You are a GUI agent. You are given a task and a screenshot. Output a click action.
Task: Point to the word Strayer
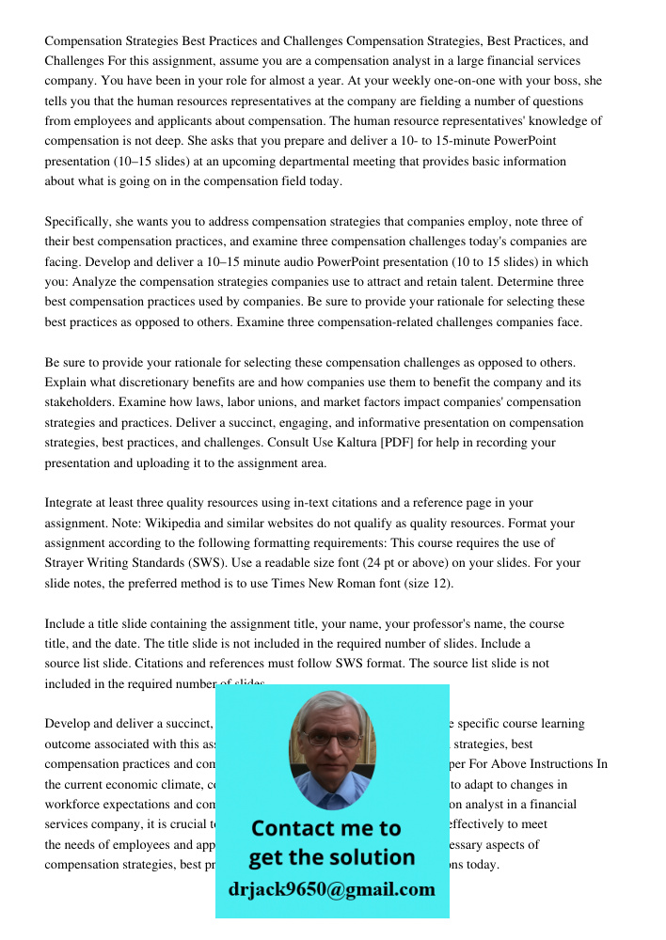(67, 563)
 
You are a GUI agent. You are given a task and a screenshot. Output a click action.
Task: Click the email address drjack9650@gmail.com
(331, 889)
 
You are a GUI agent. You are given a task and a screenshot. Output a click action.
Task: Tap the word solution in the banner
(373, 857)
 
